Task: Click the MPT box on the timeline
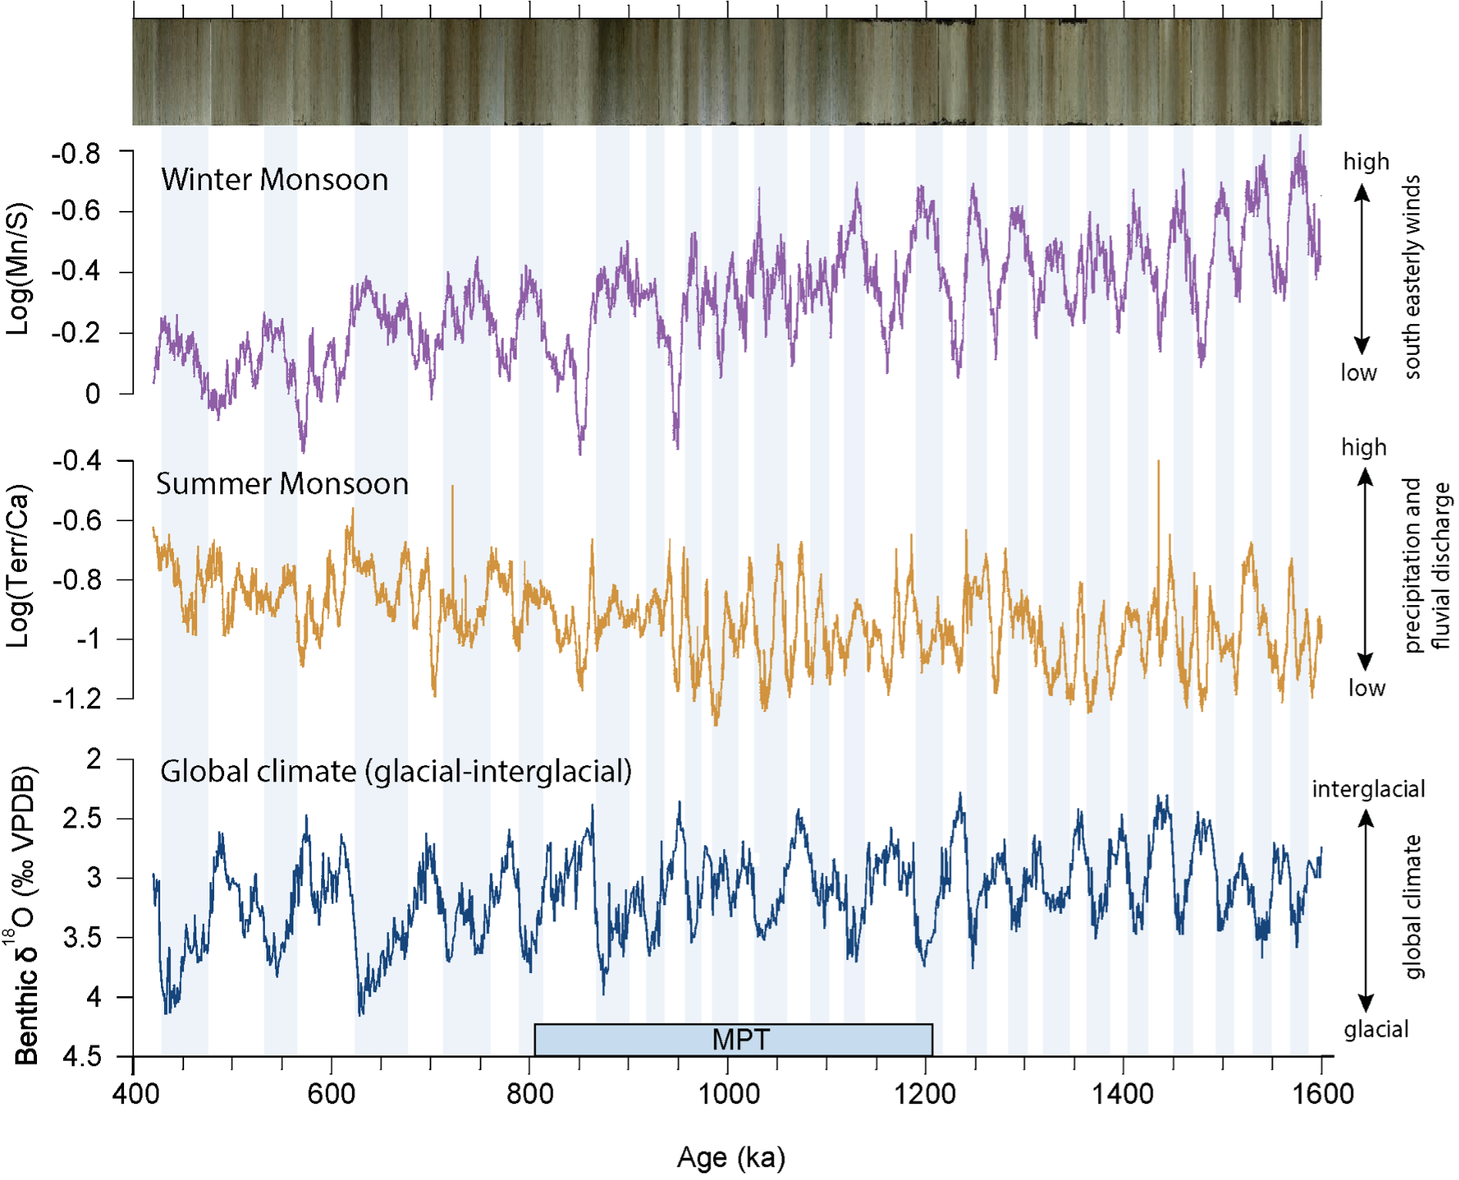[733, 1039]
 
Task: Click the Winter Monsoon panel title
[275, 180]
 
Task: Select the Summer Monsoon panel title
[282, 484]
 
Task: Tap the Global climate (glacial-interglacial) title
[396, 771]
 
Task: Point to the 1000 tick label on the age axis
[728, 1094]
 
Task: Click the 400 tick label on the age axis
[136, 1094]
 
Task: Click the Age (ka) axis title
[731, 1157]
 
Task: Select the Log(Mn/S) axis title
[18, 269]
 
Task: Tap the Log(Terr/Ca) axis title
[18, 566]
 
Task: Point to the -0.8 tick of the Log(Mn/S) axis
[75, 154]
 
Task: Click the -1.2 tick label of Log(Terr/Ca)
[77, 699]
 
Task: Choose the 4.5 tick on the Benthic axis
[82, 1057]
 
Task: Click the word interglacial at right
[1368, 789]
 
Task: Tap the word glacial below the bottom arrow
[1376, 1029]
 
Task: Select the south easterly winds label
[1412, 277]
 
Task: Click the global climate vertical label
[1414, 907]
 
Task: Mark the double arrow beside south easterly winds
[1362, 269]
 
